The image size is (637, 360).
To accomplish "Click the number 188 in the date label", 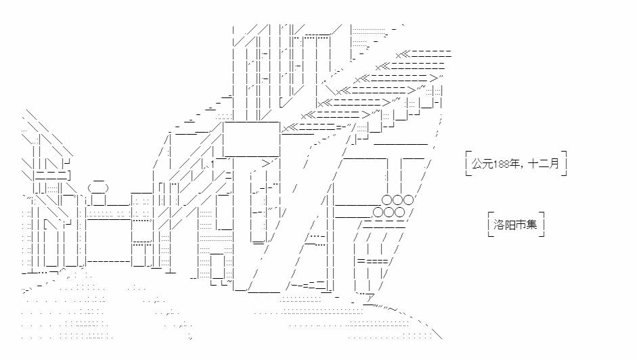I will (504, 164).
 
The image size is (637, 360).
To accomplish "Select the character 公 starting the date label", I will (478, 164).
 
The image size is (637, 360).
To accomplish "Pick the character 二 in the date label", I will (544, 164).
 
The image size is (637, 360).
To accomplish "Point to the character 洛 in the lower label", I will (497, 224).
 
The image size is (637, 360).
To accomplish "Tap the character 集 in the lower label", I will (531, 224).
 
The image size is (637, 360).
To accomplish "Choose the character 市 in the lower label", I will (520, 224).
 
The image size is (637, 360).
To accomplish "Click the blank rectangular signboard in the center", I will (250, 139).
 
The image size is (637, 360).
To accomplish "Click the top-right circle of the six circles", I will (408, 200).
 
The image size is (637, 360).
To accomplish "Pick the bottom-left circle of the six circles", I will (377, 212).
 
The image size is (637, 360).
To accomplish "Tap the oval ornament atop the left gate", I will (97, 187).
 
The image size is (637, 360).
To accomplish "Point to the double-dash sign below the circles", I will (372, 261).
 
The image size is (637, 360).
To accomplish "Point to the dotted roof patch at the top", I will (369, 32).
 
